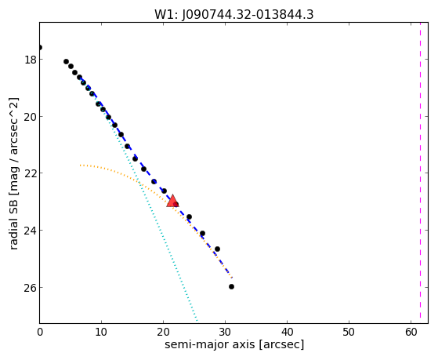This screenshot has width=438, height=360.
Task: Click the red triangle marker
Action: click(172, 201)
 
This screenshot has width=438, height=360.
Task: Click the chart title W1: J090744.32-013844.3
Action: click(233, 15)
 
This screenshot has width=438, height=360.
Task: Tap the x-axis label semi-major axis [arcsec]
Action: click(234, 344)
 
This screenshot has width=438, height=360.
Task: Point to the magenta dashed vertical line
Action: click(420, 173)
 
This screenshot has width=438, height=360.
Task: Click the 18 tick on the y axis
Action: click(30, 60)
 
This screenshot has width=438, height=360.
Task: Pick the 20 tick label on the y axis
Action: click(30, 116)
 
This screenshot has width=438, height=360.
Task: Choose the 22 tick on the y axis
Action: click(30, 173)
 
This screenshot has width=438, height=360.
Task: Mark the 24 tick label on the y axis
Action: click(30, 231)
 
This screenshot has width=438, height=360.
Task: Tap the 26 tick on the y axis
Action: click(30, 287)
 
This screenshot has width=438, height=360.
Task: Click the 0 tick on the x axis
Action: click(40, 332)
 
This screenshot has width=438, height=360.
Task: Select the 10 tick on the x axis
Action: click(101, 332)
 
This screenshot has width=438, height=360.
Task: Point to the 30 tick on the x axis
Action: click(225, 332)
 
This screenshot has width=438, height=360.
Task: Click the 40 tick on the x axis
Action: click(287, 332)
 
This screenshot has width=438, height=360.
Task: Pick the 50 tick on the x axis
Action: click(349, 332)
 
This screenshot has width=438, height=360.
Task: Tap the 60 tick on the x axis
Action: click(411, 332)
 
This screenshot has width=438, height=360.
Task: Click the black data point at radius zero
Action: click(40, 47)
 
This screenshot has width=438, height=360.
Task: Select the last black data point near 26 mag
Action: click(231, 286)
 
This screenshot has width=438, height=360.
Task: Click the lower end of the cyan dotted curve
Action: click(197, 321)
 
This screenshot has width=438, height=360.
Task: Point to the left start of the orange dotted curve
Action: click(81, 165)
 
